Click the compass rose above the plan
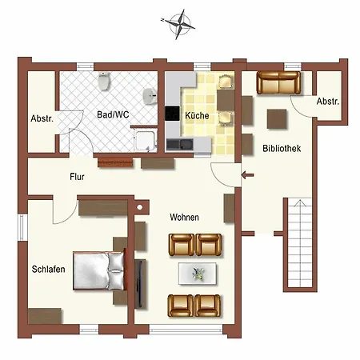pos(178,24)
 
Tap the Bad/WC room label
pos(113,114)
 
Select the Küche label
pos(197,116)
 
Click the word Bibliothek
pos(282,148)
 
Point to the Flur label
pos(77,177)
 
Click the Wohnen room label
pos(184,217)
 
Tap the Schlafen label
pos(48,269)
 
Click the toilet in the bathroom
pos(104,81)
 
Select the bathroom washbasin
pos(150,96)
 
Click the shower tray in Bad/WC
pos(146,140)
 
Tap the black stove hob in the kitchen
pos(172,114)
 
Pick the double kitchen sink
pos(179,144)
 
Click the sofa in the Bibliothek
pos(278,82)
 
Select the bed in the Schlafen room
pos(99,270)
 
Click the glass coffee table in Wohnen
pos(198,274)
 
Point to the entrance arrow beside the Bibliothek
pos(247,175)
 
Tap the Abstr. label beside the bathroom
pos(42,118)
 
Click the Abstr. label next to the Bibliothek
pos(328,102)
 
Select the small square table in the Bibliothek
pos(277,119)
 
